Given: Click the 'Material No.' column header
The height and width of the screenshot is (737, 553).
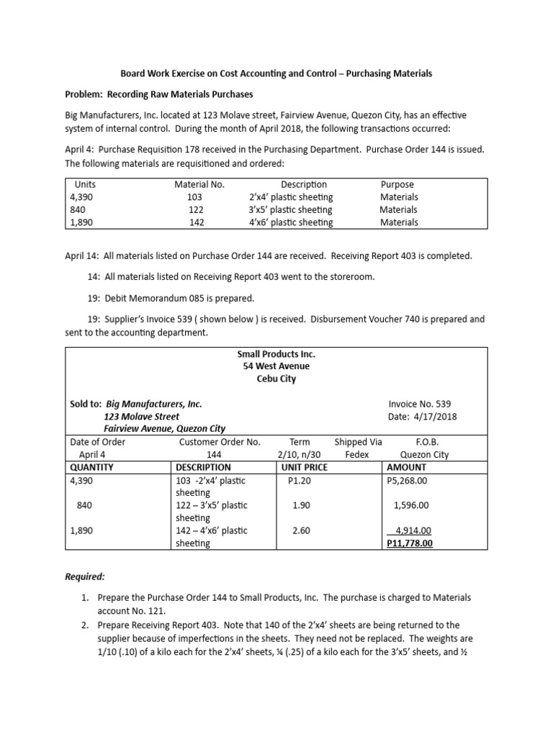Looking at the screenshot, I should click(x=199, y=184).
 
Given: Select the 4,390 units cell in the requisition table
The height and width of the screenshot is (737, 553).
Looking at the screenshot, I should click(x=81, y=196).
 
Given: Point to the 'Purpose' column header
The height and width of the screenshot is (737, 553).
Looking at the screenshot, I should click(x=397, y=184).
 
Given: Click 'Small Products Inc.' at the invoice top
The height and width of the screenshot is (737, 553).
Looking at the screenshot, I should click(x=276, y=354).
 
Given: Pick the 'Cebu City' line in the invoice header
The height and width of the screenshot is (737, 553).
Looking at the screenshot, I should click(x=276, y=379).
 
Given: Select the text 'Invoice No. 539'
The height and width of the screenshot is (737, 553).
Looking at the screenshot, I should click(x=420, y=404).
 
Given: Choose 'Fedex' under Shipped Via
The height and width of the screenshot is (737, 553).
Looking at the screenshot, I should click(x=357, y=454).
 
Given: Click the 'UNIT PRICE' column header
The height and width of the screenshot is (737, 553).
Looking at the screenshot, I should click(x=303, y=467).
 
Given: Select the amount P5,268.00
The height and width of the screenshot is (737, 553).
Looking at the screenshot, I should click(x=408, y=480).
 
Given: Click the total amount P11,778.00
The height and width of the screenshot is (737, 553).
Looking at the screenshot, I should click(x=410, y=543).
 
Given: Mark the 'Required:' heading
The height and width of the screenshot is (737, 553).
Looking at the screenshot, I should click(x=86, y=577).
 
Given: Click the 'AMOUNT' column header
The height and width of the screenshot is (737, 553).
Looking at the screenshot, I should click(x=407, y=467).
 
